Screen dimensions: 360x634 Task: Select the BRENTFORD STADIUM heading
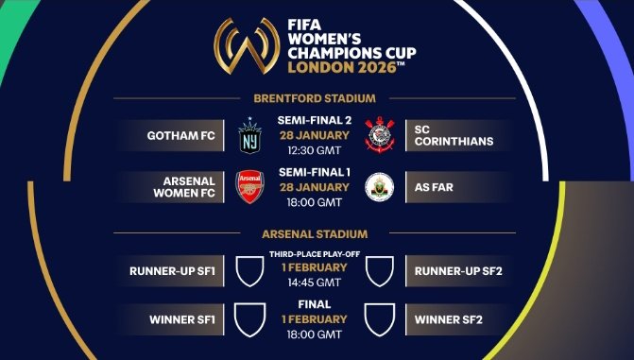(315, 98)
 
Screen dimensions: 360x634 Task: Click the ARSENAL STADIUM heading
(316, 233)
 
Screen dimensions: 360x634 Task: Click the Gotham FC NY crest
(250, 135)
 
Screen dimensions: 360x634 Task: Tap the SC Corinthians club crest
(380, 135)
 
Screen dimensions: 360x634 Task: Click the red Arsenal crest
(250, 187)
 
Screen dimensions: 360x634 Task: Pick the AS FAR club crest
(380, 187)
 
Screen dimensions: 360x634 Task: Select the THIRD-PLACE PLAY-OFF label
(316, 255)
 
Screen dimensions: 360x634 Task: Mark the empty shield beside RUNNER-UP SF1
(250, 271)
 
